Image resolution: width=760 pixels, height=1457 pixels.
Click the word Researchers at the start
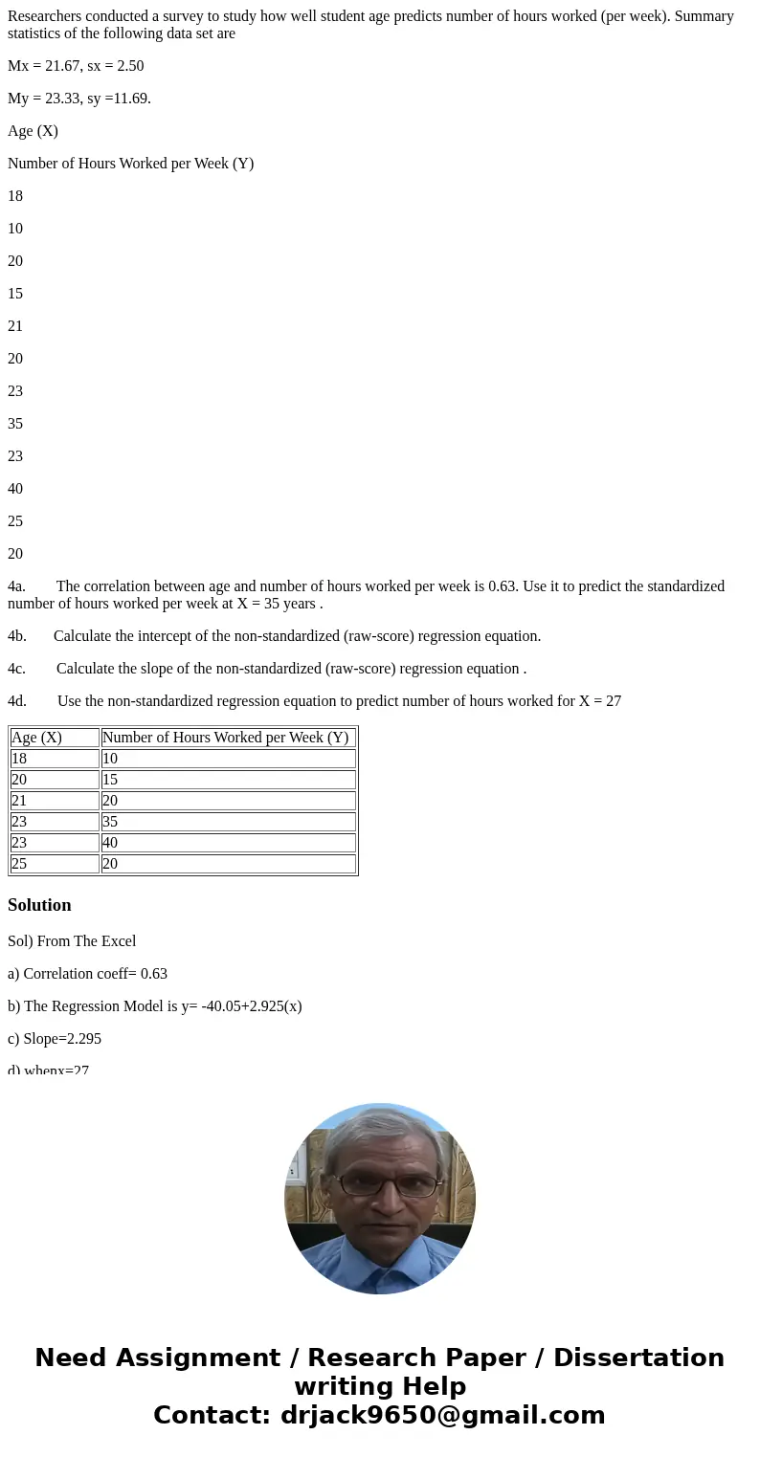(45, 16)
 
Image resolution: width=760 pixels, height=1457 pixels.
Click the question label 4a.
(16, 586)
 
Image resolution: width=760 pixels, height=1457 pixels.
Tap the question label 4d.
(17, 701)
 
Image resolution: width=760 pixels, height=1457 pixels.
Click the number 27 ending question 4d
(613, 701)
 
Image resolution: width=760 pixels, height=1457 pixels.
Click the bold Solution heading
(39, 905)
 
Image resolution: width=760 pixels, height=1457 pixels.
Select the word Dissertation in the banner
(638, 1358)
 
